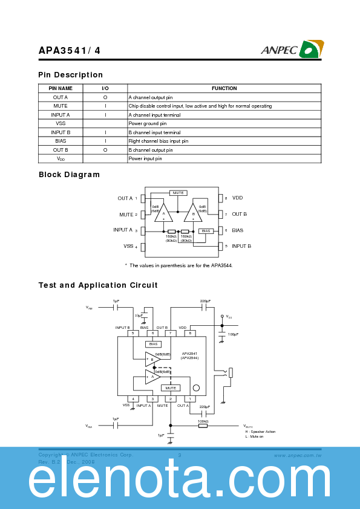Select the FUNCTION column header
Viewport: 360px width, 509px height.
tap(224, 88)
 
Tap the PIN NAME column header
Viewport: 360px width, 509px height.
tap(61, 88)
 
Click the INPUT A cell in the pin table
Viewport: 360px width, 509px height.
tap(61, 115)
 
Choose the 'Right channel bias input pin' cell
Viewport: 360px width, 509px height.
tap(158, 141)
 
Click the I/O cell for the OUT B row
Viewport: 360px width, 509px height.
tap(105, 150)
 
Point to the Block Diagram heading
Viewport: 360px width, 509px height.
tap(69, 175)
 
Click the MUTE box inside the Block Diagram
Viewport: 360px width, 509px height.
tap(178, 193)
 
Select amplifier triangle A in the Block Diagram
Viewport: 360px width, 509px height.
tap(163, 214)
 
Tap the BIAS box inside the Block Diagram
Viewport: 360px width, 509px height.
tap(206, 231)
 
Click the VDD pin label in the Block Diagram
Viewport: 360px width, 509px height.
tap(237, 198)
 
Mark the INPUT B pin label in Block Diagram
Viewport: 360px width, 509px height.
tap(241, 246)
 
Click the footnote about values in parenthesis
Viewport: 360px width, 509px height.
tap(178, 265)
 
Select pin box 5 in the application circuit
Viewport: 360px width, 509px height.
tap(133, 333)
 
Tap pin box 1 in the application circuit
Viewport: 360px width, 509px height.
tap(189, 399)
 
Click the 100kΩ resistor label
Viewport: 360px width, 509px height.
tap(203, 421)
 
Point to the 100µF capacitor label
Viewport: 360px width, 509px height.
tap(233, 334)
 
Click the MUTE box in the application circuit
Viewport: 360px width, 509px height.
tap(171, 388)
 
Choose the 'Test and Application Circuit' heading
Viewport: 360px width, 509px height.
tap(98, 285)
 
